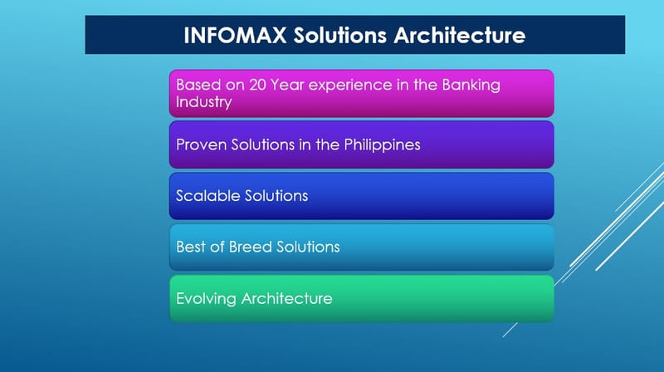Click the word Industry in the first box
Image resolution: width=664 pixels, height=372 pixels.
click(203, 103)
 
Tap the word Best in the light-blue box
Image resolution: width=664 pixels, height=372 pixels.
click(191, 247)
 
